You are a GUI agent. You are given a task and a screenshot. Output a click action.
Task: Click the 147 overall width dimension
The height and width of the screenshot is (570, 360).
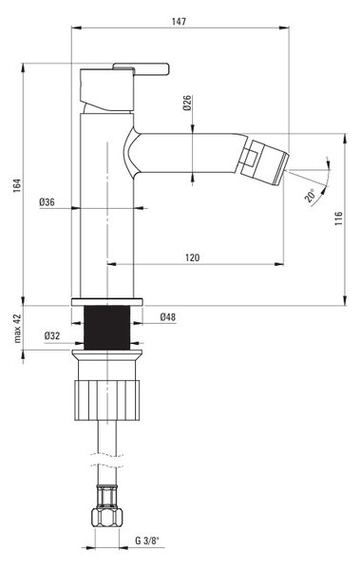coord(179,22)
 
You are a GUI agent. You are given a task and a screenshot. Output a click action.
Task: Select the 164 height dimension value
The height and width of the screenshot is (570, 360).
coord(17,185)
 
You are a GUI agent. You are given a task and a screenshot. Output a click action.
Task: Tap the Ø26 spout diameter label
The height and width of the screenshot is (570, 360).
coord(187,103)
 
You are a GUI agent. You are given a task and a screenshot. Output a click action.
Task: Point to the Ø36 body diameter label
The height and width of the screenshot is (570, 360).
coord(47,202)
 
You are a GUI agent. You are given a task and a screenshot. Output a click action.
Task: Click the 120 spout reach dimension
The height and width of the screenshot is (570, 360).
coord(193,257)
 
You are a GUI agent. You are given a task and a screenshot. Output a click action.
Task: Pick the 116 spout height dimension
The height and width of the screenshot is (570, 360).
coord(338,218)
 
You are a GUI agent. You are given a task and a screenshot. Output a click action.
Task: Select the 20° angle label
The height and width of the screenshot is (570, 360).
coord(311,196)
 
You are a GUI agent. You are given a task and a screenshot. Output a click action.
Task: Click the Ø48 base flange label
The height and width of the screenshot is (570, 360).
coord(167,317)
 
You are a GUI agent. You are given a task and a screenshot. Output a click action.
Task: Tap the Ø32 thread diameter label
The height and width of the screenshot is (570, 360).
coord(52,336)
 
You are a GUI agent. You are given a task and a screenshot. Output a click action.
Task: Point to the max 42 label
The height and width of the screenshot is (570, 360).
coord(17,329)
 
